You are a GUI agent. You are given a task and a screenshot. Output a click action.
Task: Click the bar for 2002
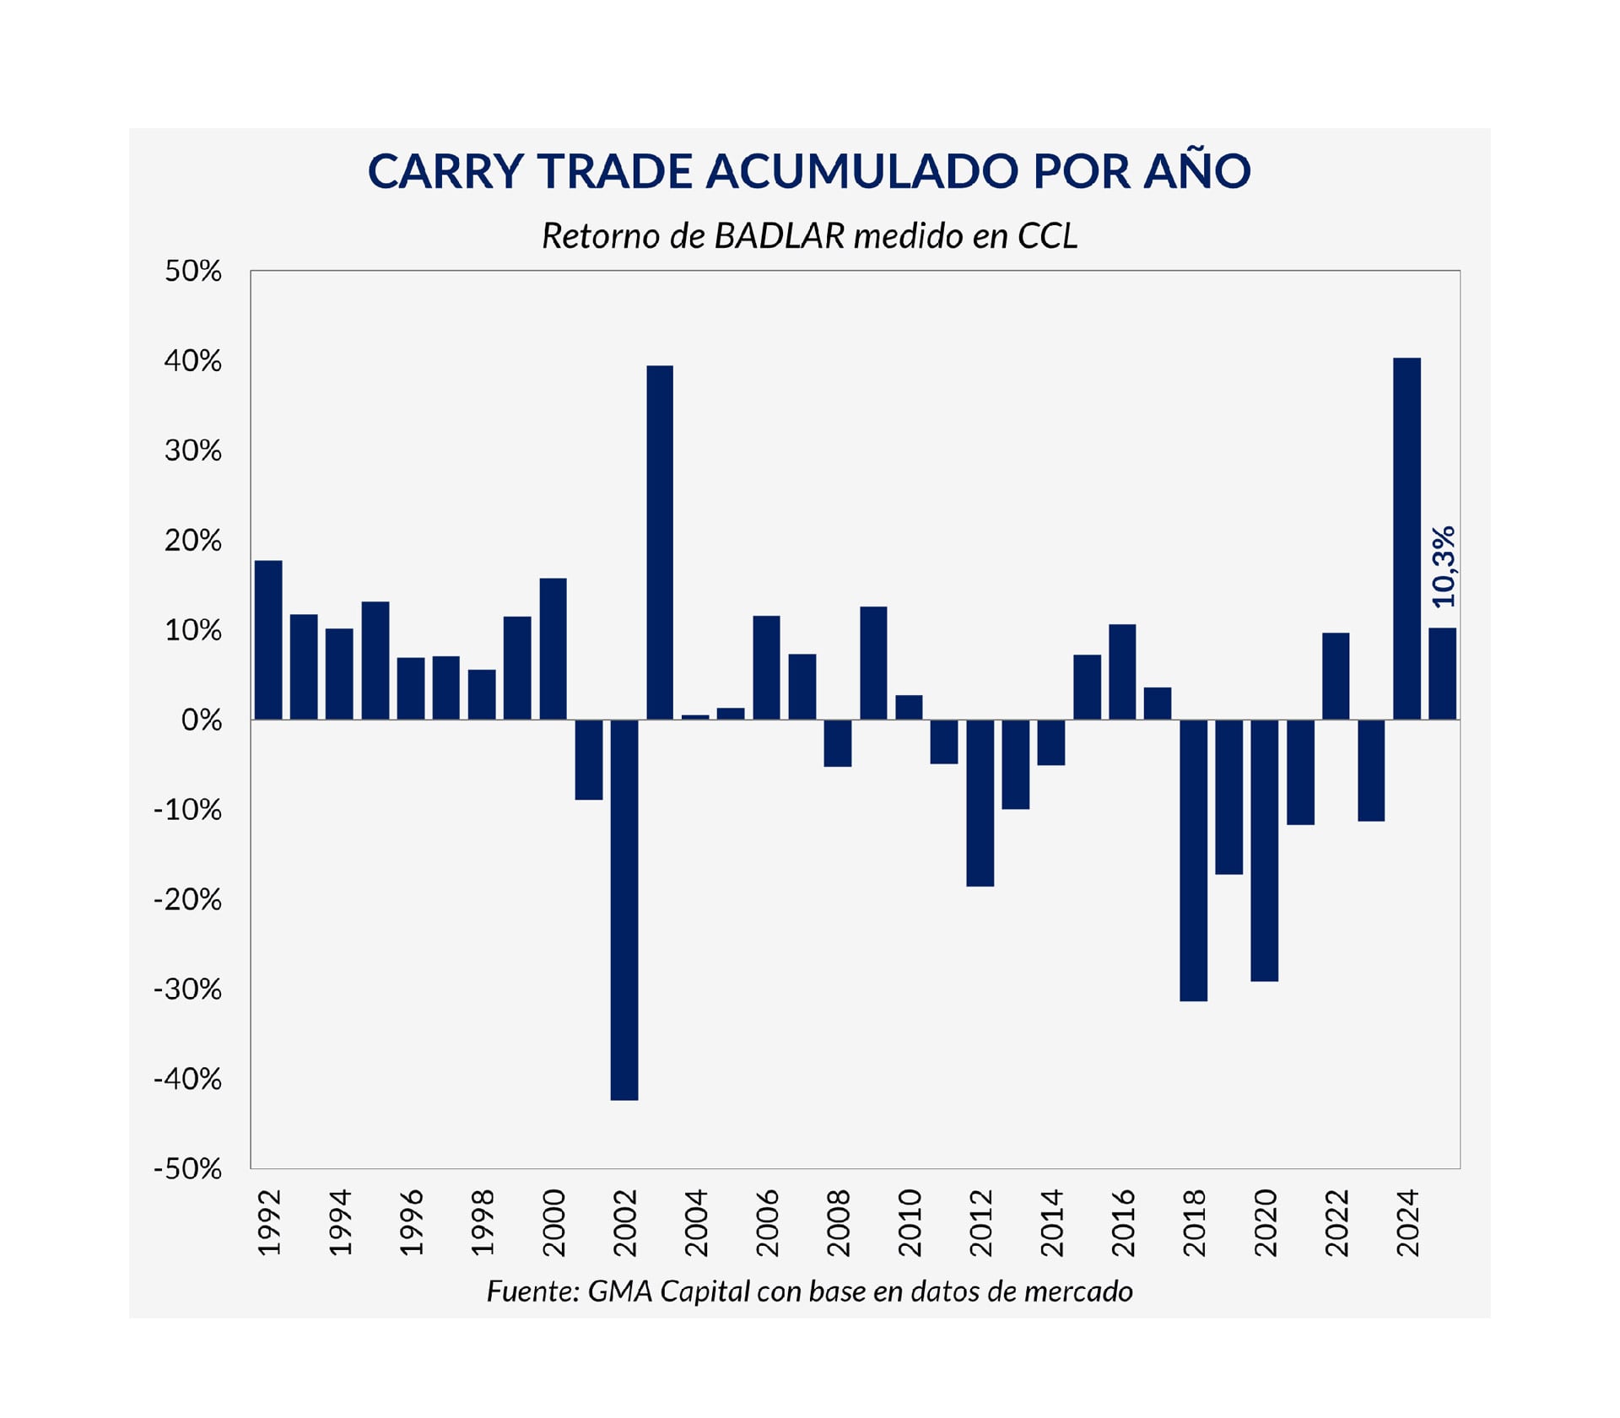pyautogui.click(x=624, y=909)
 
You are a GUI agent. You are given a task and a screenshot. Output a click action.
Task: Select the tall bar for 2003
pyautogui.click(x=660, y=542)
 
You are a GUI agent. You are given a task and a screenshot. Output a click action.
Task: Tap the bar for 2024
pyautogui.click(x=1407, y=538)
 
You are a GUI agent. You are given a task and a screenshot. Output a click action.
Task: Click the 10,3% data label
pyautogui.click(x=1444, y=566)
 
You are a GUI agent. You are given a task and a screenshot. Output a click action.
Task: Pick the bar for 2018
pyautogui.click(x=1193, y=860)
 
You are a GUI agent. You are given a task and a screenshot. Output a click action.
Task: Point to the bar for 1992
pyautogui.click(x=268, y=639)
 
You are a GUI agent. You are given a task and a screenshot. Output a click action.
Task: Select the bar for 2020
pyautogui.click(x=1264, y=849)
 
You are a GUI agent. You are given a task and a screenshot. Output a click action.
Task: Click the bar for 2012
pyautogui.click(x=980, y=802)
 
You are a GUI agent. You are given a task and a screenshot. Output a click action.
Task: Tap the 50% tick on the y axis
pyautogui.click(x=193, y=271)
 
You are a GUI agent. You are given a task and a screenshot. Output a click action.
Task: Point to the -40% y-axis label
pyautogui.click(x=187, y=1079)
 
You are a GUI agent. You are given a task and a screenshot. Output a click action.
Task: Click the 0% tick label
pyautogui.click(x=202, y=720)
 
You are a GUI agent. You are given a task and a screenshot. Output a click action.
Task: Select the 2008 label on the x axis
pyautogui.click(x=838, y=1222)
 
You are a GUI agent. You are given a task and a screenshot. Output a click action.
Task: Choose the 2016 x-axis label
pyautogui.click(x=1122, y=1222)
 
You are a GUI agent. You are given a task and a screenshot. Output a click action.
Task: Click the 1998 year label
pyautogui.click(x=482, y=1222)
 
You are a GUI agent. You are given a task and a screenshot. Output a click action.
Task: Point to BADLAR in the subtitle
pyautogui.click(x=779, y=236)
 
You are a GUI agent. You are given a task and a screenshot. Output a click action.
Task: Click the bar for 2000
pyautogui.click(x=553, y=649)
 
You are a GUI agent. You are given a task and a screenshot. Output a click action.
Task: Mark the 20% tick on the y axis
pyautogui.click(x=193, y=540)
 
